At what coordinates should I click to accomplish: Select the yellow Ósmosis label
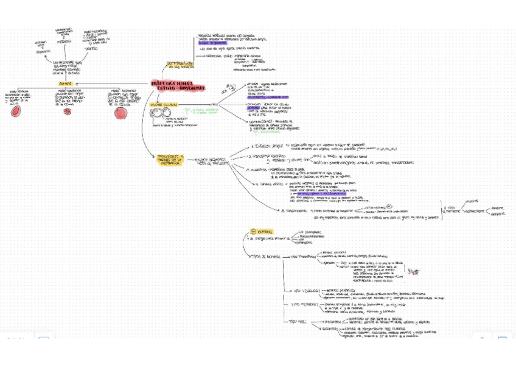click(x=65, y=83)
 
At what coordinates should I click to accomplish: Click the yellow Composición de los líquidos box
click(x=181, y=65)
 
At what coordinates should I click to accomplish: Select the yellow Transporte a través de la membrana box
click(x=169, y=160)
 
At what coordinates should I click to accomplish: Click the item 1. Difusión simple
click(x=267, y=147)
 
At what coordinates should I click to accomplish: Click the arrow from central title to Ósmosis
click(x=110, y=83)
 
